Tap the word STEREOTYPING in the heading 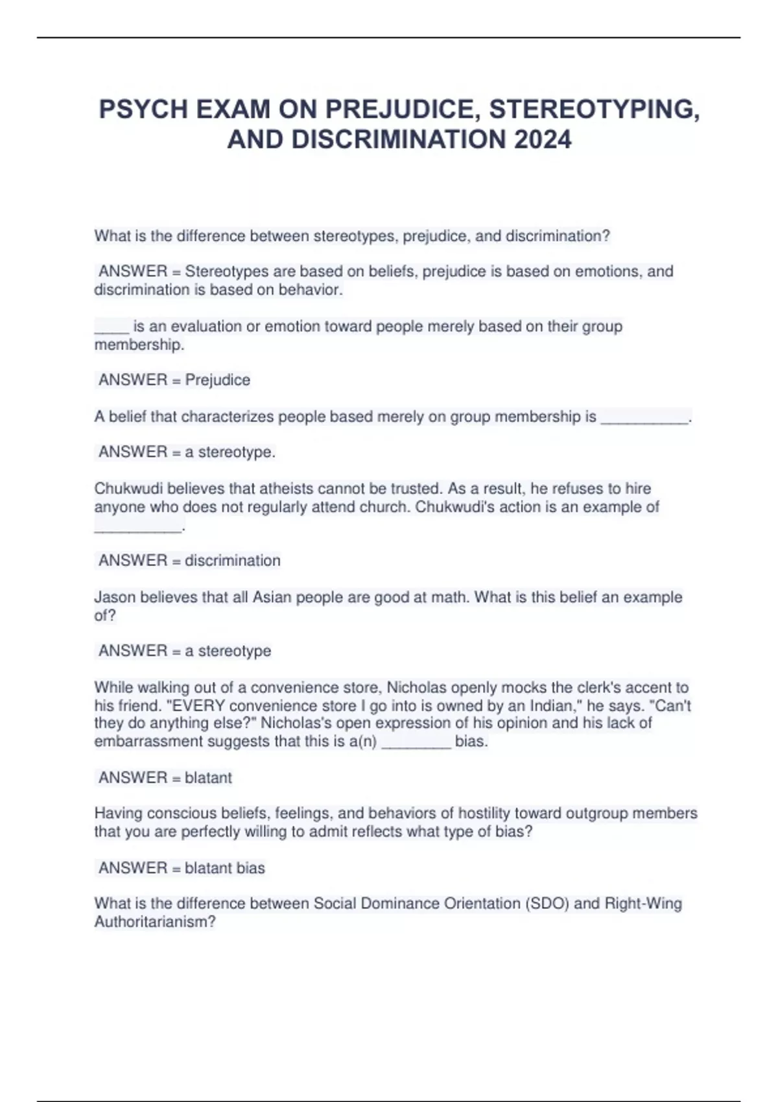[x=595, y=109]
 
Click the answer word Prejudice [x=218, y=380]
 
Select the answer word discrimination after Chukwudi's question [x=233, y=561]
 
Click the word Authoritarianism [x=155, y=922]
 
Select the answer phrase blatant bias [x=225, y=868]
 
